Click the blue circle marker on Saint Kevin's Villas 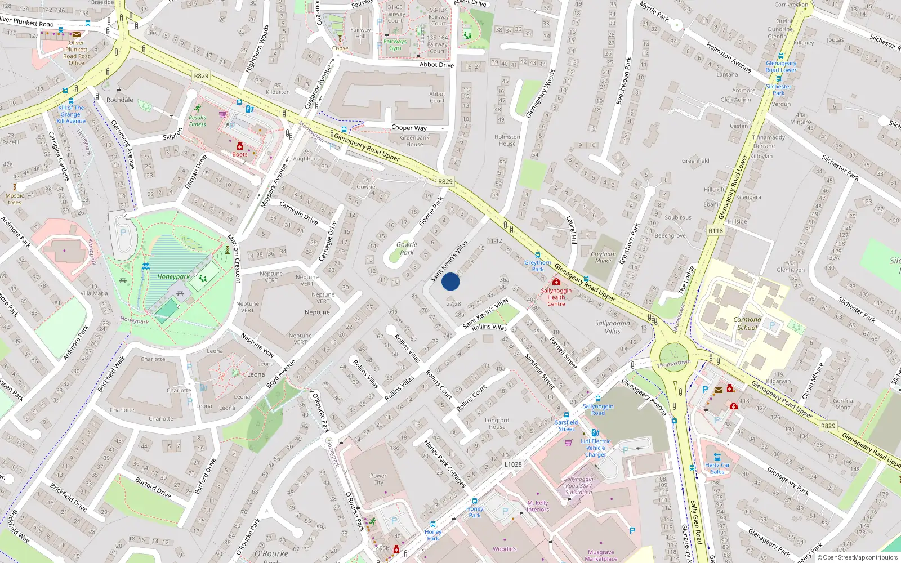coord(450,281)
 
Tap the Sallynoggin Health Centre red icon coord(556,281)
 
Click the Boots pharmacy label coord(240,154)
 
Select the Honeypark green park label coord(173,276)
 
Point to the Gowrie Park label coord(407,248)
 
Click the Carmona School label coord(747,323)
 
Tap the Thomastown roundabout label coord(673,364)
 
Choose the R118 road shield coord(716,231)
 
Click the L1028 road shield coord(512,464)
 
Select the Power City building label coord(378,479)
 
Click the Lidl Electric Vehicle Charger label coord(596,448)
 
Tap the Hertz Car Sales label coord(717,468)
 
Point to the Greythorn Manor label coord(603,257)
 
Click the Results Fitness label coord(198,121)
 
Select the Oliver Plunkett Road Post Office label coord(77,53)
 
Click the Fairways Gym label coord(395,44)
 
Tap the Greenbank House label coord(414,141)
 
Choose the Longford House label coord(497,423)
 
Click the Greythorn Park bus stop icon coord(537,255)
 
